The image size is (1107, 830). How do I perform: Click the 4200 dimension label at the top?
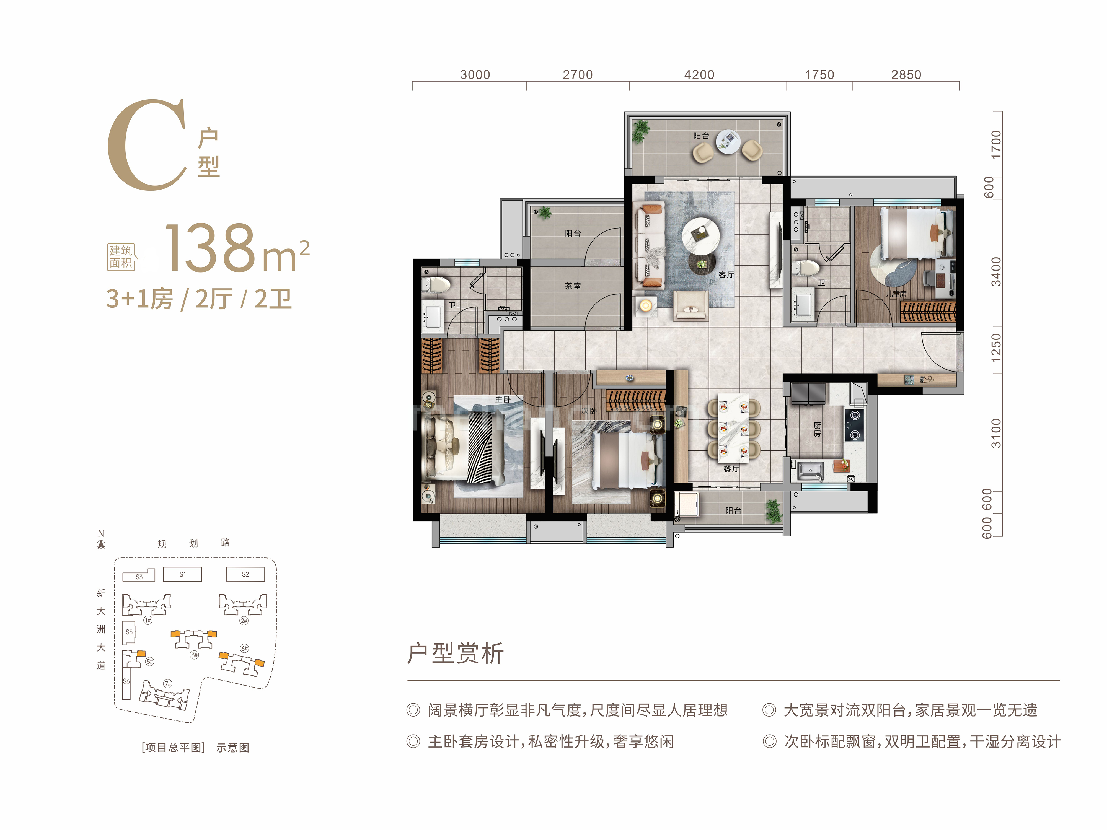[x=699, y=74]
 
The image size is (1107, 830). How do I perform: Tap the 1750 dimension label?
[x=819, y=74]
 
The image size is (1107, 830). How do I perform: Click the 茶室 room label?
[x=573, y=286]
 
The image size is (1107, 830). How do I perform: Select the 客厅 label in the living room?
[x=726, y=275]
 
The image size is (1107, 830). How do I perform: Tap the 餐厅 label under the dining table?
[x=731, y=469]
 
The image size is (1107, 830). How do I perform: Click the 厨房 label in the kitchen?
[x=817, y=429]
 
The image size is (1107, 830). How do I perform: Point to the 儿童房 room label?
[x=896, y=294]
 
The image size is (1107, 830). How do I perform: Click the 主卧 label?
[x=503, y=399]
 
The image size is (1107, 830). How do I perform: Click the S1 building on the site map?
[x=183, y=574]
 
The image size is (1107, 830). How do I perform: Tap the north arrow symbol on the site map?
[x=101, y=544]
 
